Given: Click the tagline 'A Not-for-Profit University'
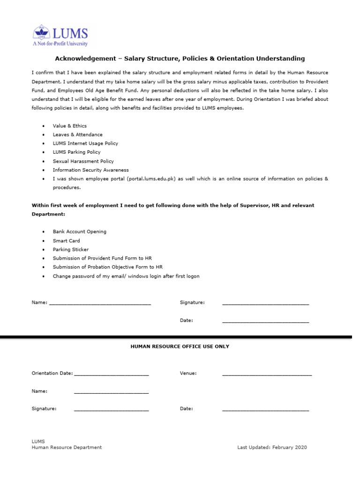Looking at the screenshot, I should [x=60, y=44].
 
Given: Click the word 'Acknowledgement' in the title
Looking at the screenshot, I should [x=84, y=59].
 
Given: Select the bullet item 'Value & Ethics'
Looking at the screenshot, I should [x=69, y=126].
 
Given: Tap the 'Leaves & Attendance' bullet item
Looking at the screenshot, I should [x=77, y=135].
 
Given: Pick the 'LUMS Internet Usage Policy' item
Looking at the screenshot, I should [x=85, y=143].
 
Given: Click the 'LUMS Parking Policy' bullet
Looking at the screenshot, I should [x=76, y=152].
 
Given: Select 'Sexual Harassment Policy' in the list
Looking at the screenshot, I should [x=83, y=161].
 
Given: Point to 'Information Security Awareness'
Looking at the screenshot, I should [x=90, y=170].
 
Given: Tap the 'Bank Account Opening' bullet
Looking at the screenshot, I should [x=79, y=232].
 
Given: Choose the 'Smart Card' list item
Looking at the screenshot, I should [x=66, y=240].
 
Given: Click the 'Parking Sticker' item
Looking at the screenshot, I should [x=70, y=249].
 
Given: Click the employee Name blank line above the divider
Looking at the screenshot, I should [x=100, y=304].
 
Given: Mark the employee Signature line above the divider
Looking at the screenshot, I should [x=265, y=304].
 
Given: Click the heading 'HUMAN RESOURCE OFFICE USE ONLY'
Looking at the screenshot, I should [x=180, y=346].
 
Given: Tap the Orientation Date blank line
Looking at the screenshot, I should [x=111, y=375].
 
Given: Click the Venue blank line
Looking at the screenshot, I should [x=267, y=375].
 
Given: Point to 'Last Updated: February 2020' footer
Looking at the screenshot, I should [x=272, y=447].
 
